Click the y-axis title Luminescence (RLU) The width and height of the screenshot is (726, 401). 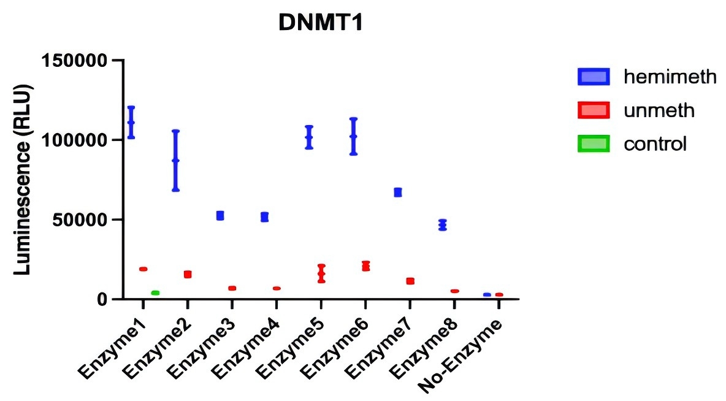[23, 180]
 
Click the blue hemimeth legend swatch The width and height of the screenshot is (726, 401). [593, 77]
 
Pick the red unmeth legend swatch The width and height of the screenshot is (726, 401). [593, 110]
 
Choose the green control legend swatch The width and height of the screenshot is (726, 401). [593, 144]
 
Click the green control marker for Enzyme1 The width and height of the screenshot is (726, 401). [155, 293]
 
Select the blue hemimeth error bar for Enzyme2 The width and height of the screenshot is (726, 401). [175, 160]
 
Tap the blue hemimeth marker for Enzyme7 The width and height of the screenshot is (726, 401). [398, 193]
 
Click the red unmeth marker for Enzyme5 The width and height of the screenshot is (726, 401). [321, 273]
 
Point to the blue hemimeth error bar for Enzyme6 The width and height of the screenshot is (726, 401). [353, 136]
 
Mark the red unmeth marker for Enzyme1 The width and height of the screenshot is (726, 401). [143, 269]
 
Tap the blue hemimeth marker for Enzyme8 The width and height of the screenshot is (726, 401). [443, 225]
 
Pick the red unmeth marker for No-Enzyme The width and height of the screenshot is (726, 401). [499, 295]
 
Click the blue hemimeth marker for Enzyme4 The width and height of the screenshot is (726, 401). [264, 217]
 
